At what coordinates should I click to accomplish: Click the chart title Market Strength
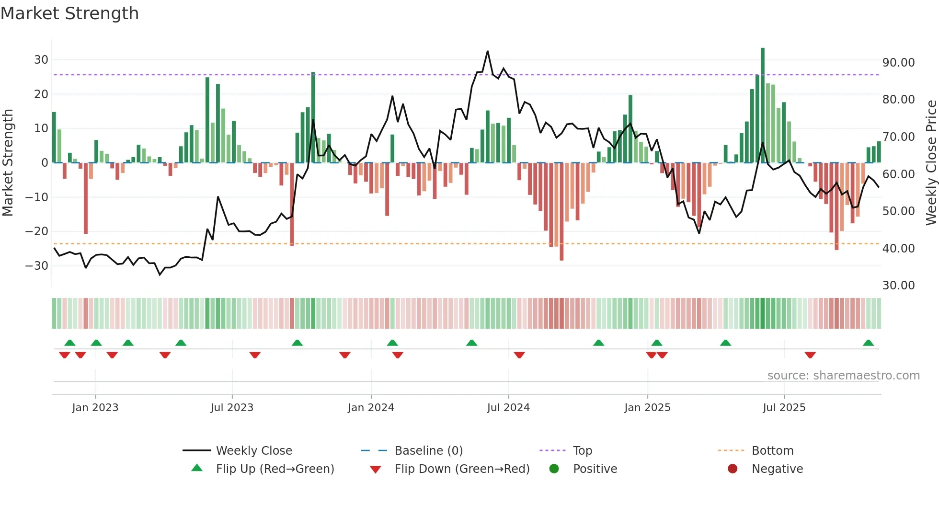point(69,13)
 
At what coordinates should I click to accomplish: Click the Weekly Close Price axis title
point(931,162)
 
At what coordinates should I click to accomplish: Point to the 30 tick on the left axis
point(41,60)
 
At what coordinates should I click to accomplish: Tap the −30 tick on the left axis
point(37,265)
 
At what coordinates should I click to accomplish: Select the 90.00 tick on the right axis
point(898,63)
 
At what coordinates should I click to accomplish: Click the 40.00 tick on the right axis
point(898,248)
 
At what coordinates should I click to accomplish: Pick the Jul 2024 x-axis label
point(508,408)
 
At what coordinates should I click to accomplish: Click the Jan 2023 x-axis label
point(95,408)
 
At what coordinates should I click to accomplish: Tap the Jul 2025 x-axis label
point(784,408)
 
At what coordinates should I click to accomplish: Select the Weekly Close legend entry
point(253,451)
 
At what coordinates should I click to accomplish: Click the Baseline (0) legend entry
point(428,451)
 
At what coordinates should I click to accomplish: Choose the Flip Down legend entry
point(462,469)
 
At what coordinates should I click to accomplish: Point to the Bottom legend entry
point(772,451)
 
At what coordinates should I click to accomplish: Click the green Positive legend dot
point(554,469)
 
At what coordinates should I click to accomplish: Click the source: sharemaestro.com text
point(843,376)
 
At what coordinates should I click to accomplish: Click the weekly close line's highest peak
point(488,51)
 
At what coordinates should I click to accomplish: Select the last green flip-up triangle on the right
point(868,343)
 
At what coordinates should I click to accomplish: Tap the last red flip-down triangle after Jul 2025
point(810,355)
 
